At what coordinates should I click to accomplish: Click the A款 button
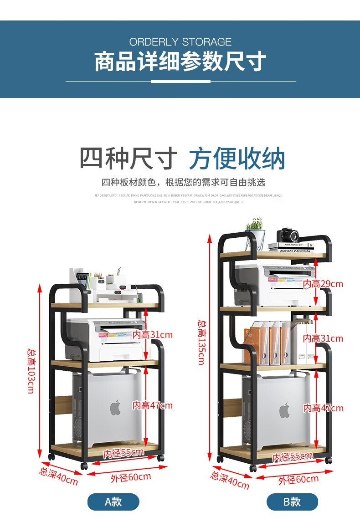[113, 502]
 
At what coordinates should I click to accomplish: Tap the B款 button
[292, 502]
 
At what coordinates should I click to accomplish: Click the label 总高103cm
[31, 371]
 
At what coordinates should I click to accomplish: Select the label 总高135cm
[201, 342]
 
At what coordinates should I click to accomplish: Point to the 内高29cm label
[323, 284]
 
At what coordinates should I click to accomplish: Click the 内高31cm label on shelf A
[153, 335]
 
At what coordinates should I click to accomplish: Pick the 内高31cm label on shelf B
[323, 338]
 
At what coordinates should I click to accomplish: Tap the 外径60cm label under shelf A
[131, 477]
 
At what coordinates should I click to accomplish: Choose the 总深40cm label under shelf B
[230, 480]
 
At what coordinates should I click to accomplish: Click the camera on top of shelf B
[288, 235]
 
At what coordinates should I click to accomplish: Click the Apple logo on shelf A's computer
[115, 407]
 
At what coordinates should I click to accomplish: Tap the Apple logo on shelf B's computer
[284, 410]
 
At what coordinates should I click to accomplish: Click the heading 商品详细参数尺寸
[180, 62]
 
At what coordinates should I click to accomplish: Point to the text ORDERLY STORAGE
[180, 42]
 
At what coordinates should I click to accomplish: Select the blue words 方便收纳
[237, 159]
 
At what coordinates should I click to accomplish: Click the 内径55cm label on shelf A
[123, 453]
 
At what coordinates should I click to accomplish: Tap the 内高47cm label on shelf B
[323, 408]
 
